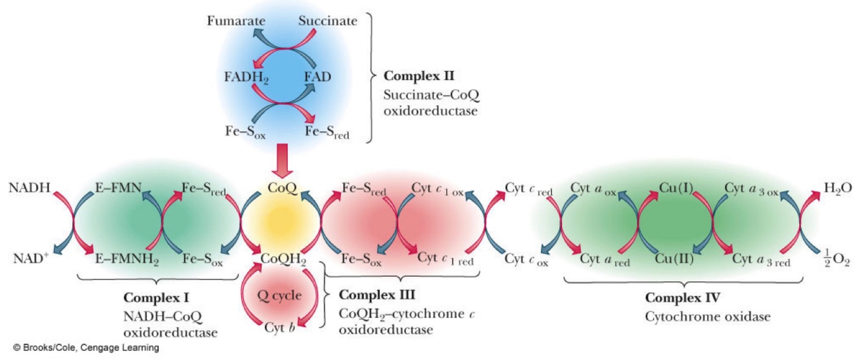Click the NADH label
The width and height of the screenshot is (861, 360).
[x=30, y=188]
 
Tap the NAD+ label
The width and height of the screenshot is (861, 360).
[x=30, y=259]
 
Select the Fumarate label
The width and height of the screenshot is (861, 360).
[x=236, y=21]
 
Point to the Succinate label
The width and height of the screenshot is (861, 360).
[x=328, y=21]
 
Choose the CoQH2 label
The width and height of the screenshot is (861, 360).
[x=283, y=259]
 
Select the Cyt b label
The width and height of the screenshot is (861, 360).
[x=279, y=328]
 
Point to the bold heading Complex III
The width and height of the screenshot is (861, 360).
[x=377, y=295]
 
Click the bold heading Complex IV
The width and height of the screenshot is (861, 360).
[x=683, y=298]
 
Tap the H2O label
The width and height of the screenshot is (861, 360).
[x=837, y=188]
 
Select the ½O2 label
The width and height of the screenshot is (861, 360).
[x=836, y=259]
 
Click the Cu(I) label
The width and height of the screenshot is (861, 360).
[x=675, y=188]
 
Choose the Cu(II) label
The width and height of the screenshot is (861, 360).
[x=675, y=259]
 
